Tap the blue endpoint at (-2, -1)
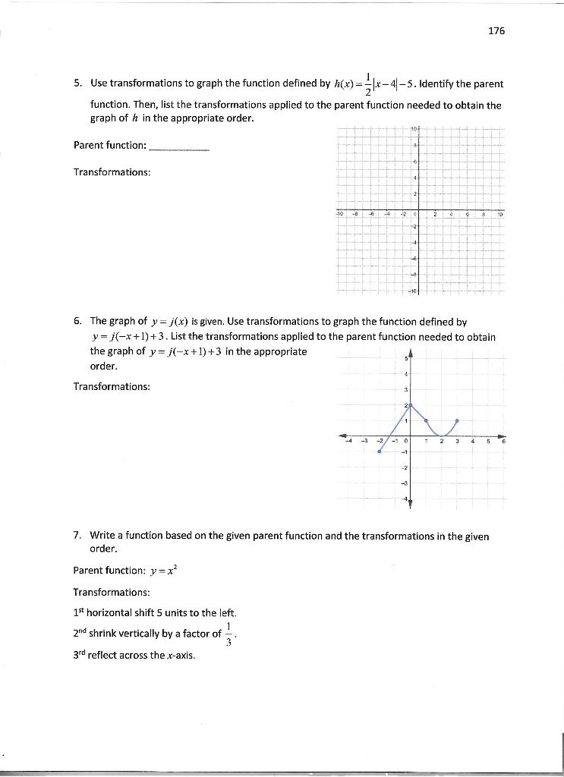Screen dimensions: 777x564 379,451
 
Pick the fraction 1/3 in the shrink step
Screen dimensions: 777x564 229,634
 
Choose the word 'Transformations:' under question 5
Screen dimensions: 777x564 112,171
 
